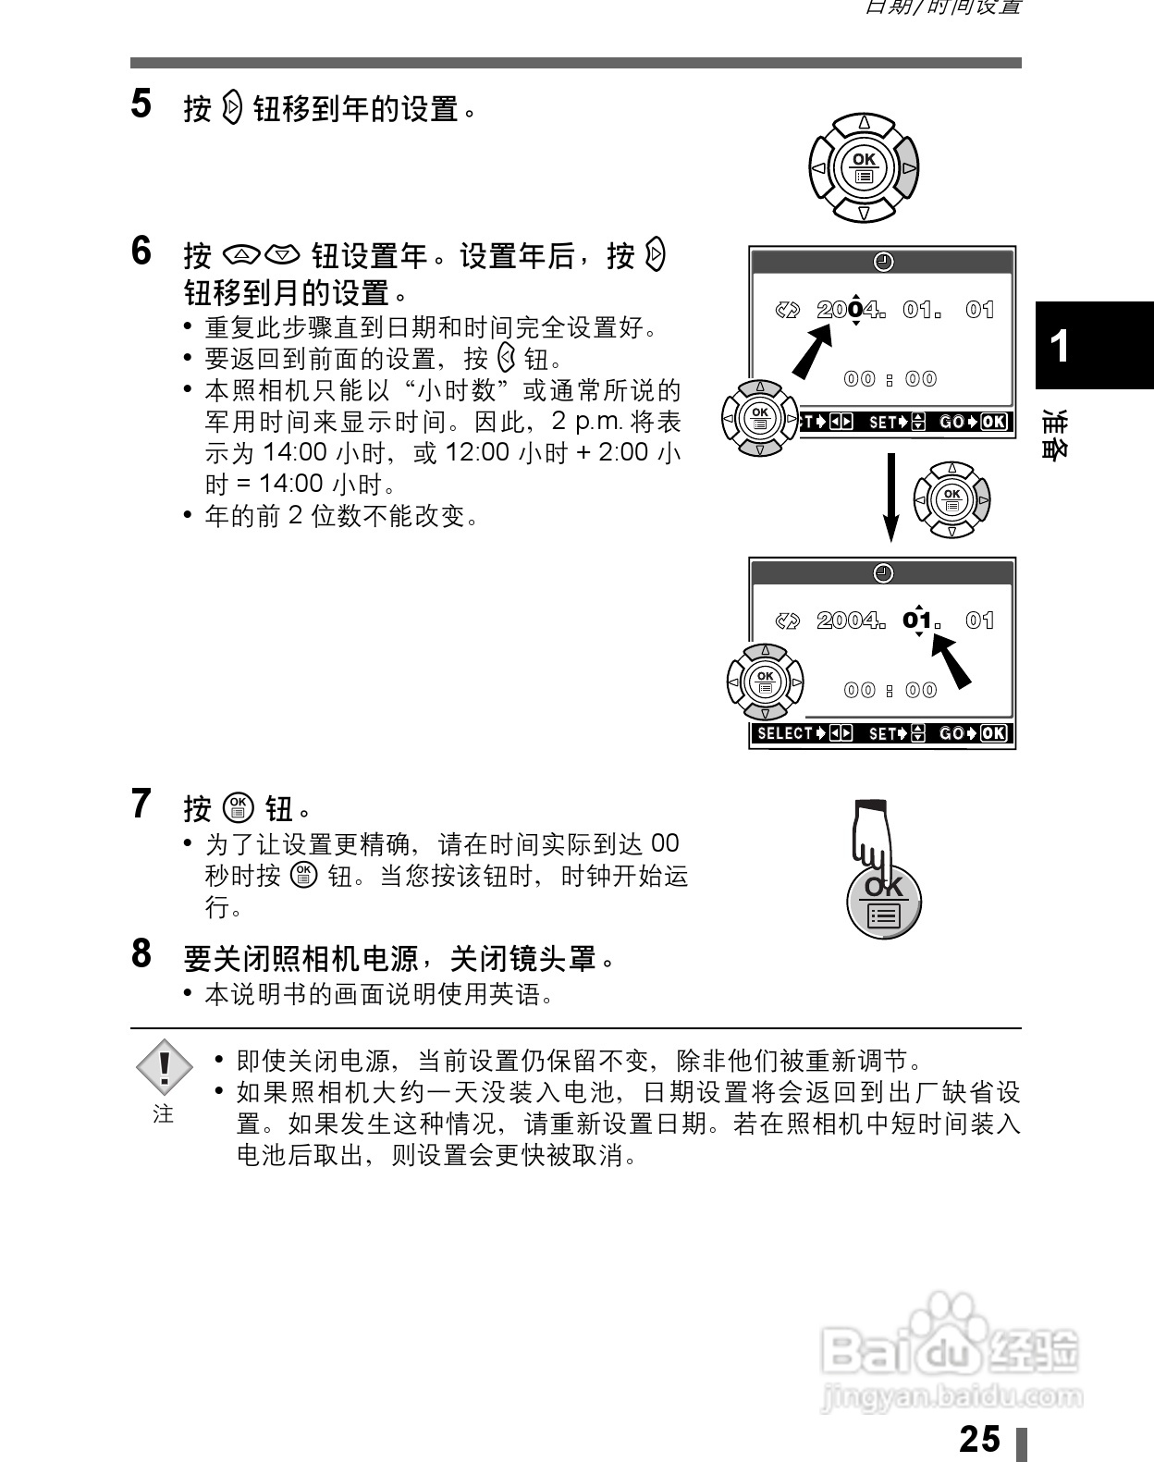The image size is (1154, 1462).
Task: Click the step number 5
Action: pos(141,104)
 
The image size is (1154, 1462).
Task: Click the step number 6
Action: pos(141,251)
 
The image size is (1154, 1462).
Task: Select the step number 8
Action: pos(141,952)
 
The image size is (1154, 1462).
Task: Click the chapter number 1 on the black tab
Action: pos(1062,346)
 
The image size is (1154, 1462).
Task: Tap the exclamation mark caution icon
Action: pos(164,1068)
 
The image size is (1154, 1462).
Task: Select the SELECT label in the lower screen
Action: pos(784,733)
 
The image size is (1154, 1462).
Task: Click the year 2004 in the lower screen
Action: pos(848,620)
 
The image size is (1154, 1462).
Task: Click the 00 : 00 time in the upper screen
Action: pos(890,379)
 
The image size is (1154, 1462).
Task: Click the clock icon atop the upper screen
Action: pos(883,262)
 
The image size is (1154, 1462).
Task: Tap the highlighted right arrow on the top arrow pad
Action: pos(908,168)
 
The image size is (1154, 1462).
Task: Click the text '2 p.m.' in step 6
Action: pos(587,422)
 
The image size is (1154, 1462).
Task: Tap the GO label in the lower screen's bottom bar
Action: pos(951,733)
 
